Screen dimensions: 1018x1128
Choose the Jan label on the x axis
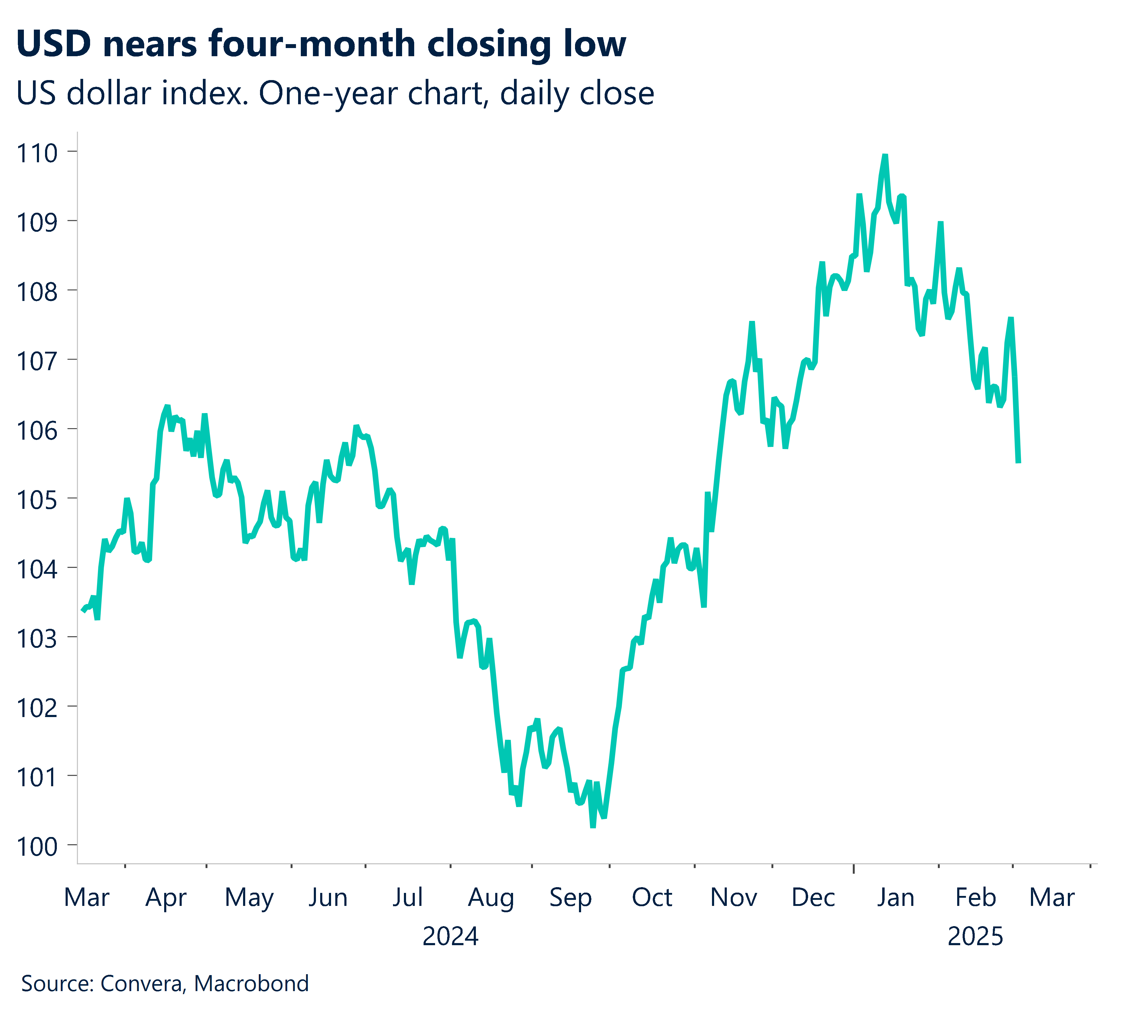[895, 898]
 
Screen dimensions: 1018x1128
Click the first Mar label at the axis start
[87, 898]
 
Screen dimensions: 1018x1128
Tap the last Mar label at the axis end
[1052, 898]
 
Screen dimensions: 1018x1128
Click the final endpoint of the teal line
[1018, 462]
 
